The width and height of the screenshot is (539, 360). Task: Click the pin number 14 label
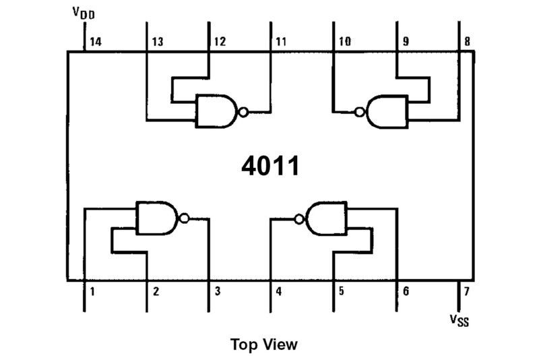point(94,42)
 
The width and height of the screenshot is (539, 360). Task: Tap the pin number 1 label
point(92,292)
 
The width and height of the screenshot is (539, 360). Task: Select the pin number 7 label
point(466,292)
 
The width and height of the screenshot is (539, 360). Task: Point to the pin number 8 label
point(466,42)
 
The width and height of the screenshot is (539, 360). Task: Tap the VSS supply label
point(459,319)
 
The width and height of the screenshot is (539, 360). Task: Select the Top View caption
point(263,344)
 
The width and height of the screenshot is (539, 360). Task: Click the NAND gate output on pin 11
point(216,111)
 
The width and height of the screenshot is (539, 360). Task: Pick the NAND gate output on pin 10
point(386,111)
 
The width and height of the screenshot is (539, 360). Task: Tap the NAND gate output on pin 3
point(158,218)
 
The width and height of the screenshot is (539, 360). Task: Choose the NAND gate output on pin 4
point(327,218)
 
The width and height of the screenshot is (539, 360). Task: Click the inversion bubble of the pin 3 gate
point(183,218)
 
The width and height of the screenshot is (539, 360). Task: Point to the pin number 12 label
point(220,42)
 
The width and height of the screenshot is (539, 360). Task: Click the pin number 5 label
point(342,292)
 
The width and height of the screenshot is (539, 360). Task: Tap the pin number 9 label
point(406,42)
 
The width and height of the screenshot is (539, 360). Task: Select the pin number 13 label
point(157,42)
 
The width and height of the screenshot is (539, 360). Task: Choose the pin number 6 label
point(406,292)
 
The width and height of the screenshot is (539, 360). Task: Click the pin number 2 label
point(156,292)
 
